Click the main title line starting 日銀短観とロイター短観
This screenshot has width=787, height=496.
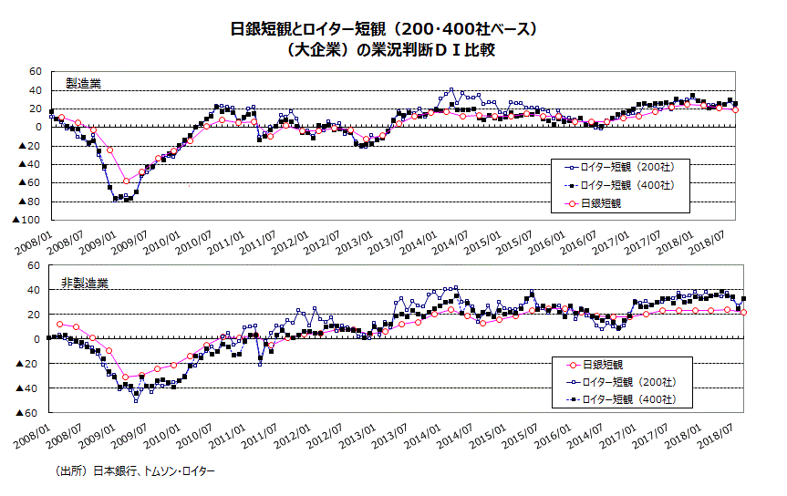393,29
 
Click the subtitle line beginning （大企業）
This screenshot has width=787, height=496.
392,50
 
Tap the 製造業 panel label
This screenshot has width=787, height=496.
84,83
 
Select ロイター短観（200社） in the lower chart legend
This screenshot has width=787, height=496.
623,381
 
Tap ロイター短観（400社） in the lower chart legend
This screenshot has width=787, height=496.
623,398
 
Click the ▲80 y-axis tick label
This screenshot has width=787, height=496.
30,201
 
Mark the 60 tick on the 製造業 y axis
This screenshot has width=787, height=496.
36,71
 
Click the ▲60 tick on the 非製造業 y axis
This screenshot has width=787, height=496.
30,413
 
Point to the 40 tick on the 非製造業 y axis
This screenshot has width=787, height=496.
36,290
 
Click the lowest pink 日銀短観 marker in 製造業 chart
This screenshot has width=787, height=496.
126,181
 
